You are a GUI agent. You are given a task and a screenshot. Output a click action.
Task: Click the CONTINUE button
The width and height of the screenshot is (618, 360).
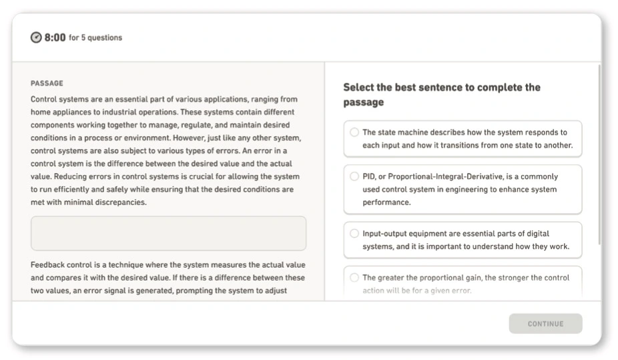545,324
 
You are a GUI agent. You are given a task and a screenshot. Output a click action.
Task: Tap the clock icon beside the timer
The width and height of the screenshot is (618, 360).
36,38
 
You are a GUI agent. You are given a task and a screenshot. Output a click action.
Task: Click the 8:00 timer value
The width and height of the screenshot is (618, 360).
55,38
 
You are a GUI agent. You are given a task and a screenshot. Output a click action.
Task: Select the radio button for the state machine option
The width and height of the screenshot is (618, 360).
354,132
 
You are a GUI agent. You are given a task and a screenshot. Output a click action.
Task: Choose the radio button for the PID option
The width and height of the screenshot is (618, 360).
354,177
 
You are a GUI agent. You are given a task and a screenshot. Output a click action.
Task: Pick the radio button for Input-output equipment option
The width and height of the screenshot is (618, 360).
354,234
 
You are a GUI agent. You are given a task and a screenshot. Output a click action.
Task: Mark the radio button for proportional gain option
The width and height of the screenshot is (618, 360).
354,278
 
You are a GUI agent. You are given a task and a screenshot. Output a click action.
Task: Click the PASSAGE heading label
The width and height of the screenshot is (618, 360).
47,83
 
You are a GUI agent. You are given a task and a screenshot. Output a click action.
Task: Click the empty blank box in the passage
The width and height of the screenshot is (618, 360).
168,233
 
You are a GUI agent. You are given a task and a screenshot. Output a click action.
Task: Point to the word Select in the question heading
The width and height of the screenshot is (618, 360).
358,87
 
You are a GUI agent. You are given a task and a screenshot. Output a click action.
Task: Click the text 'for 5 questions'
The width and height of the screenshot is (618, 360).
95,38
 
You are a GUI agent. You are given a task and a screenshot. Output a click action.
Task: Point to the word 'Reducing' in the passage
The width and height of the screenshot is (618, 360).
69,177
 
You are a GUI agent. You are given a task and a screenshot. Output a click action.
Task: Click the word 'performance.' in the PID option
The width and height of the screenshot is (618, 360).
386,202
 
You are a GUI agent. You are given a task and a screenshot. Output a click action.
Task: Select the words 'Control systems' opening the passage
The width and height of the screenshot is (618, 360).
57,100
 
